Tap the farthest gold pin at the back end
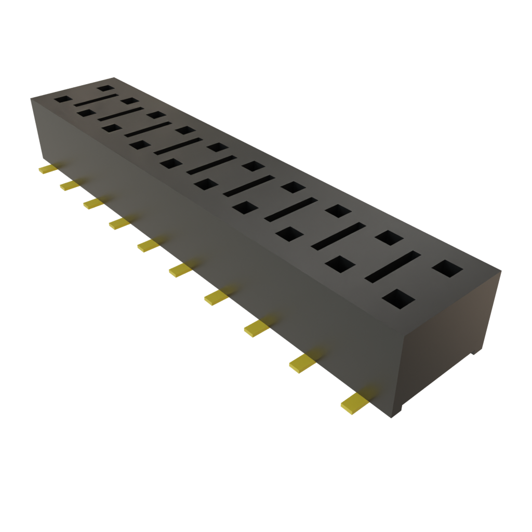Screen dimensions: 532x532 click(47, 169)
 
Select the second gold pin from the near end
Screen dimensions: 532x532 click(302, 363)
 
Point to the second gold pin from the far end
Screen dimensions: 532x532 click(69, 185)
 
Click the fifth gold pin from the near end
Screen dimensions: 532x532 click(179, 269)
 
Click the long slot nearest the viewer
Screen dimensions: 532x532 click(393, 267)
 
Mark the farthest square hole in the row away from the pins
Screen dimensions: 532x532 click(106, 89)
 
